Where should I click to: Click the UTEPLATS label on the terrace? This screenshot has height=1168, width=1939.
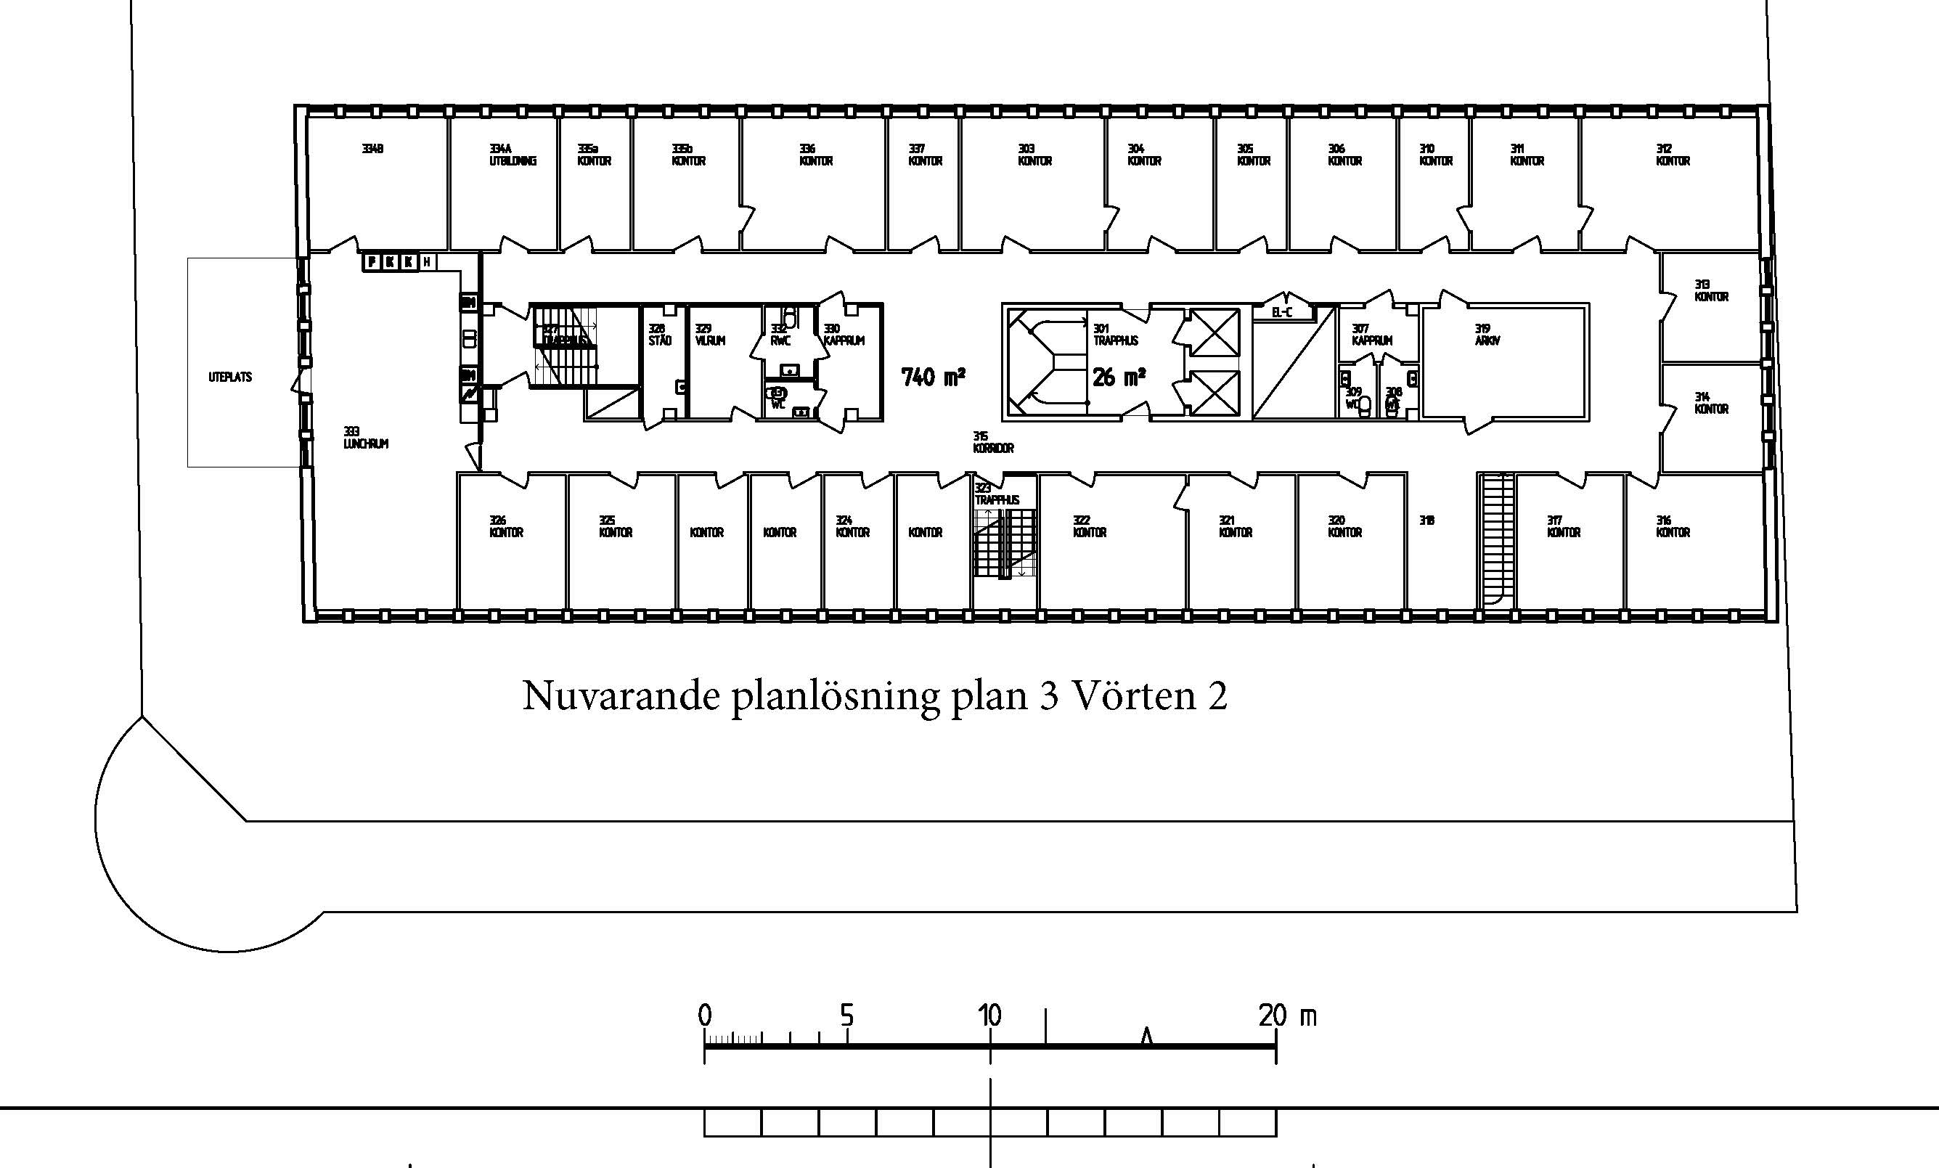[230, 377]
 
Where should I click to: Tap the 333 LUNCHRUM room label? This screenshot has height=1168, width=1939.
[365, 438]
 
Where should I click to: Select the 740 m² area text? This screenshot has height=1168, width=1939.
[934, 377]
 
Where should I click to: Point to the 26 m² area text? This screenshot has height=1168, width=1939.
[1118, 377]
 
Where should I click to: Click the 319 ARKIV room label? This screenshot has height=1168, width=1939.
[1487, 335]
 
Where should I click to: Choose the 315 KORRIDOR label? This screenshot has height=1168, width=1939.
[993, 442]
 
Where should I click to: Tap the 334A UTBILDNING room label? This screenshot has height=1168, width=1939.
[513, 155]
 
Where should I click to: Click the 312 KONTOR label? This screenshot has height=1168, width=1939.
[1673, 155]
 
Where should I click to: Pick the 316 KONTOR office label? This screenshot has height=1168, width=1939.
[1673, 526]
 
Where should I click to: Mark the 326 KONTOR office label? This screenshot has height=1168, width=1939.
[506, 526]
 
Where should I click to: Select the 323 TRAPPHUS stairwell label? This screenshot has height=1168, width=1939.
[996, 494]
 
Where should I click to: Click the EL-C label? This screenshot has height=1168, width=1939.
[1282, 312]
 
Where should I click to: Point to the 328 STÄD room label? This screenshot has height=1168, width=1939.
[659, 335]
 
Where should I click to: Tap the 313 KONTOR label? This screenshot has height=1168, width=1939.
[1711, 290]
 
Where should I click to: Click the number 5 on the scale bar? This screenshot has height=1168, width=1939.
[846, 1016]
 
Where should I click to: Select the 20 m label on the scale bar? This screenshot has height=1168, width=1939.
[1286, 1016]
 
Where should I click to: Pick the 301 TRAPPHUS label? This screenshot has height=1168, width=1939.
[1115, 335]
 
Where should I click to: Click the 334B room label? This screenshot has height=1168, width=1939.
[372, 149]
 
